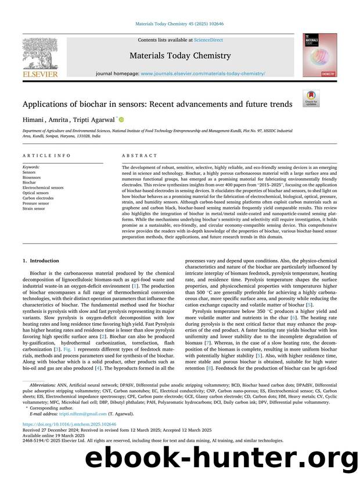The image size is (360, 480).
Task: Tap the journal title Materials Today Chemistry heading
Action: click(x=179, y=56)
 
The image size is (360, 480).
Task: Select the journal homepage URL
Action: click(x=203, y=74)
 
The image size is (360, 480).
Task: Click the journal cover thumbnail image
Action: click(x=319, y=56)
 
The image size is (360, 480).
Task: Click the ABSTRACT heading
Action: click(x=139, y=156)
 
